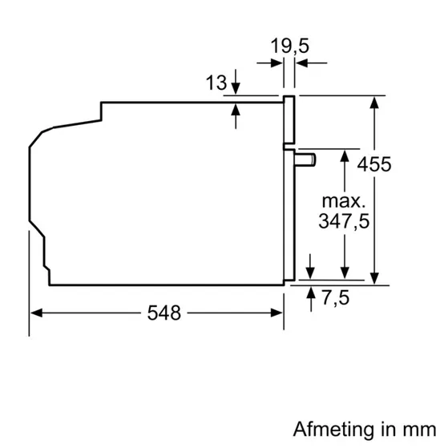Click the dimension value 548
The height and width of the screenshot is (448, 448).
click(x=163, y=313)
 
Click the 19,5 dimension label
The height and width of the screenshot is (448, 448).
click(x=289, y=47)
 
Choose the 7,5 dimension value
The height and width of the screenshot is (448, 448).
click(x=335, y=300)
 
